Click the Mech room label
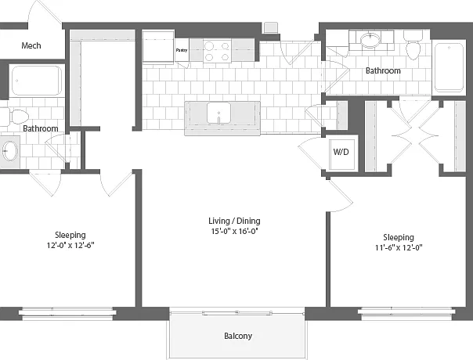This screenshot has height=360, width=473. coord(31,45)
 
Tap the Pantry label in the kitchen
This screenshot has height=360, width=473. coord(182,50)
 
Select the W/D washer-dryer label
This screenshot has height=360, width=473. coord(341,152)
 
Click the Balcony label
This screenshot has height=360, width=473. coord(238,336)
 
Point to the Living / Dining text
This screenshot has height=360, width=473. coord(234,221)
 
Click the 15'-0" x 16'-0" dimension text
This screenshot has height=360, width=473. coord(234,231)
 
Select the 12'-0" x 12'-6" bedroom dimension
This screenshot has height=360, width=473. coord(70,245)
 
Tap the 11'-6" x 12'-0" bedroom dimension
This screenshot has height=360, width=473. coord(399,247)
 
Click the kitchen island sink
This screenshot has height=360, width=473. coord(218,113)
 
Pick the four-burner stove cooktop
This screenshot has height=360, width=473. coord(217,51)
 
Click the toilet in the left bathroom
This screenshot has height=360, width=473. coord(14,117)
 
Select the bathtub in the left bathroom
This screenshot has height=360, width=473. coord(37,81)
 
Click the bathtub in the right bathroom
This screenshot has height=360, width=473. coord(449,67)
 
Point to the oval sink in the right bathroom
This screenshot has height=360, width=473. coord(370,40)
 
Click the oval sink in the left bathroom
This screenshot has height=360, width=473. coord(9,151)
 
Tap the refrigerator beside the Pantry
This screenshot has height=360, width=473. coord(158,47)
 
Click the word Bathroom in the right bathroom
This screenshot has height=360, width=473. coord(383,70)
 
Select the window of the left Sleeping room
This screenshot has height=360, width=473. coord(67,314)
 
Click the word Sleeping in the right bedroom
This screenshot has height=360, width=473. coord(399,237)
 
